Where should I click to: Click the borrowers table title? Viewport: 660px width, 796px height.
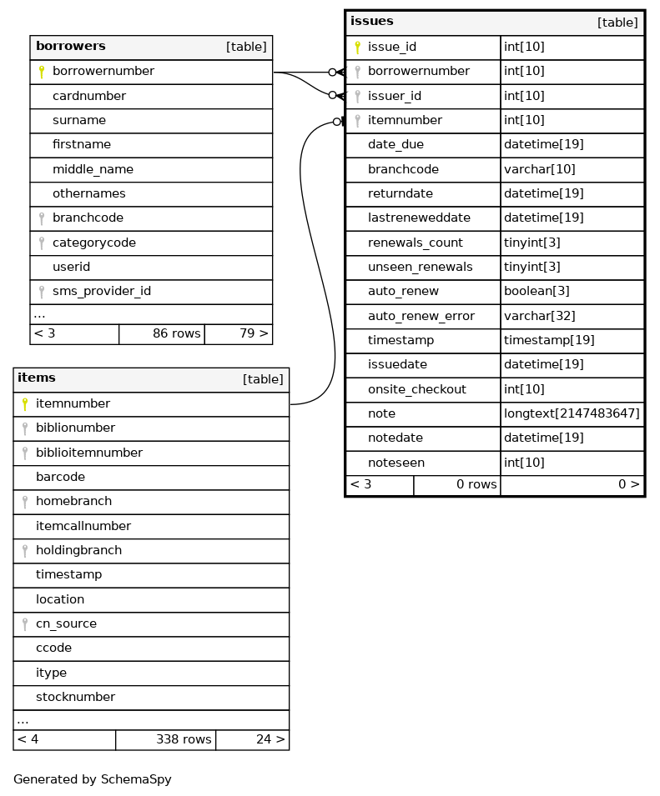pos(71,47)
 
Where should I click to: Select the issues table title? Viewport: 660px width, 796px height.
pos(372,22)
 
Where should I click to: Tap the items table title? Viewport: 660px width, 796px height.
pos(37,378)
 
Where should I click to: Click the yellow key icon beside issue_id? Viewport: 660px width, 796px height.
pos(357,48)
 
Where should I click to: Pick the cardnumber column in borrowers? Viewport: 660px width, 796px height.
pos(89,96)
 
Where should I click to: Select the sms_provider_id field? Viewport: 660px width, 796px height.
pos(102,292)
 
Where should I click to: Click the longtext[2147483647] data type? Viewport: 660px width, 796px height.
pos(572,414)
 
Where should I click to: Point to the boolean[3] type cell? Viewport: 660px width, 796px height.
pos(537,292)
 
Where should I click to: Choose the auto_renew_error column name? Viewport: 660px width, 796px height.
pos(421,316)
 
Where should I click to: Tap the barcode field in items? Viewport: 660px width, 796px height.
pos(60,478)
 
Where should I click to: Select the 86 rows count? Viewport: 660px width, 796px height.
pos(177,334)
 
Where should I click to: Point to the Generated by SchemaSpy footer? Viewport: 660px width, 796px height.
pos(93,780)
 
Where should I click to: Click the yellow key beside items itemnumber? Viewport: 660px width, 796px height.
pos(25,404)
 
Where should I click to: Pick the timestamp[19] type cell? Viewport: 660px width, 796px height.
pos(549,341)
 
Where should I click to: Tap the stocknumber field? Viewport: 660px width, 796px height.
pos(75,698)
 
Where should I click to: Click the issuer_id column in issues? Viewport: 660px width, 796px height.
pos(395,96)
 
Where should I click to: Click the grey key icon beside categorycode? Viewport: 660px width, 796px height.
pos(42,243)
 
